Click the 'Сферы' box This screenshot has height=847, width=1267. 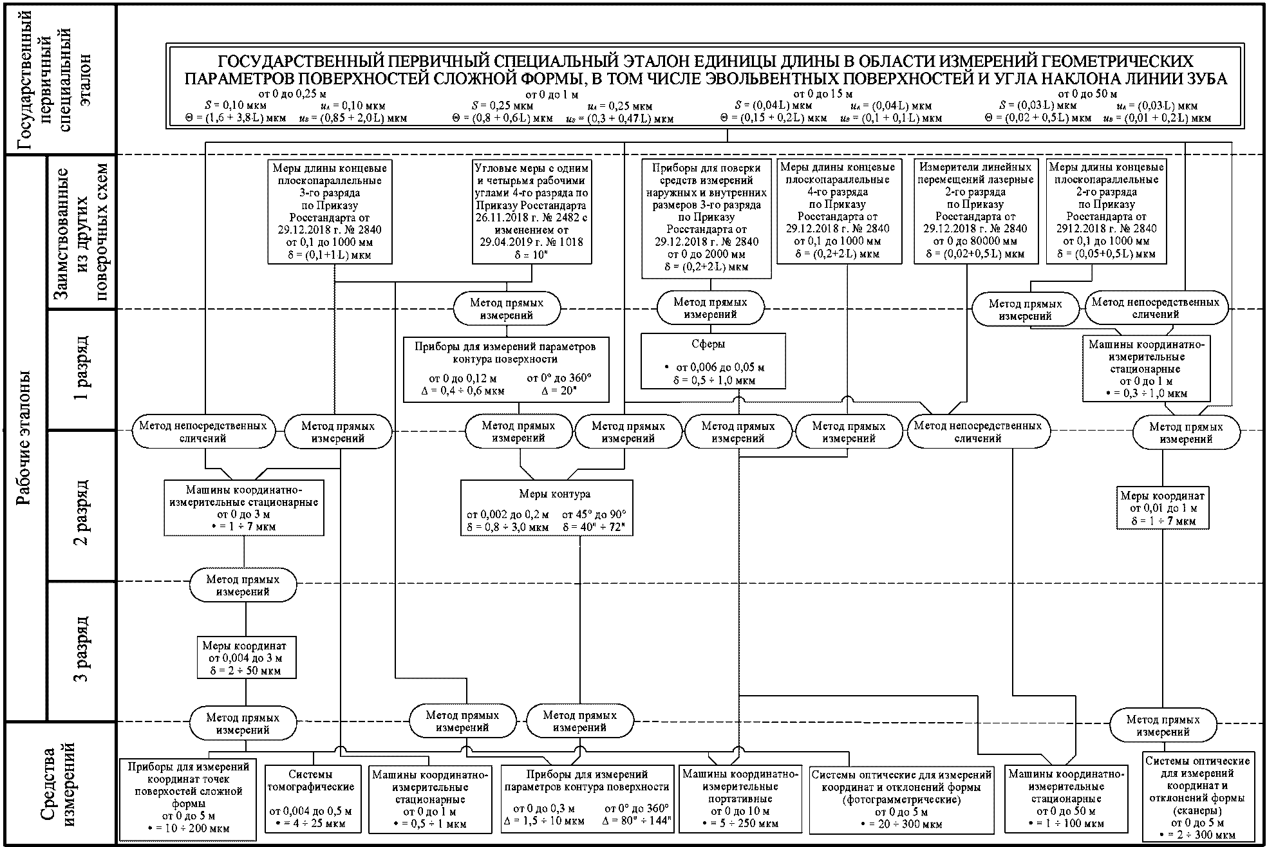713,361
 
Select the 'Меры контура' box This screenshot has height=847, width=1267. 547,508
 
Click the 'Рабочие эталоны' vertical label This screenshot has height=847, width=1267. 24,438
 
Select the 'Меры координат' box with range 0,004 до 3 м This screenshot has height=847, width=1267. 246,657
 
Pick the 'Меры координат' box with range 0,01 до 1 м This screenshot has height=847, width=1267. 1162,508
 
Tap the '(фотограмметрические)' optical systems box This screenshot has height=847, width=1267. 901,799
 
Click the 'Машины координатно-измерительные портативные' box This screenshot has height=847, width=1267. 739,798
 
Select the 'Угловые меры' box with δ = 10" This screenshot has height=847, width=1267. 531,211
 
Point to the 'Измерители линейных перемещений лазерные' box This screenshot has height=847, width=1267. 975,211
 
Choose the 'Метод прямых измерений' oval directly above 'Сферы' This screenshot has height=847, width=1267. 710,308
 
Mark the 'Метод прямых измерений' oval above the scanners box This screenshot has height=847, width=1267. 1163,725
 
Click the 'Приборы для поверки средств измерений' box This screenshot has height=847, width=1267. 706,218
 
